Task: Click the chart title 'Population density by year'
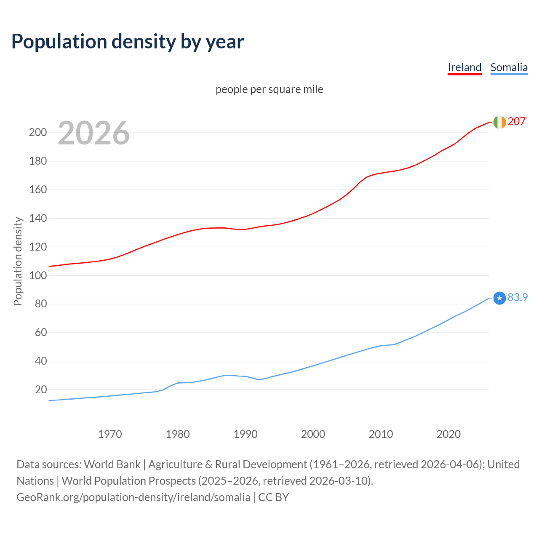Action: pos(128,41)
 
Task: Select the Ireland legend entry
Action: pos(464,67)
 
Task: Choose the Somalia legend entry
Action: pos(509,67)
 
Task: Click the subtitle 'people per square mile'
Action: pos(269,89)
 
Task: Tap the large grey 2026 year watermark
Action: pos(93,133)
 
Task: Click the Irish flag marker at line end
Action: pos(499,122)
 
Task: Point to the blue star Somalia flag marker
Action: pos(499,298)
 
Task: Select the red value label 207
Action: pos(516,121)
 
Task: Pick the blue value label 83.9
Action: pos(518,297)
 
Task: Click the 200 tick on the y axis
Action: pos(37,133)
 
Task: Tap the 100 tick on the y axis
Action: pos(37,275)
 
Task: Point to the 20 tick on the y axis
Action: pos(40,390)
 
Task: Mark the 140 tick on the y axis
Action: pos(37,218)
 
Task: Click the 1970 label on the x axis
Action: pos(110,434)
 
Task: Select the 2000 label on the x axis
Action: pos(313,434)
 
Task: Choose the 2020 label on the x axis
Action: pos(448,434)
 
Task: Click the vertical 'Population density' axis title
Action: pos(18,261)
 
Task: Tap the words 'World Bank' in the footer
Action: pos(112,464)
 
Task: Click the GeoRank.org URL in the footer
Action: pos(133,497)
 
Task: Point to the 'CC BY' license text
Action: pos(274,497)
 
